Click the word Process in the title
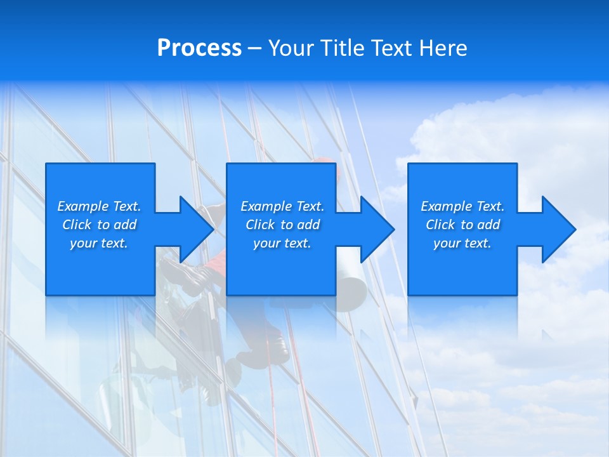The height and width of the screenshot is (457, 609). pyautogui.click(x=199, y=48)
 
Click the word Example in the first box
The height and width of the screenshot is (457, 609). pyautogui.click(x=82, y=206)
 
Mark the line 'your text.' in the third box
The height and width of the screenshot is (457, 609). pyautogui.click(x=462, y=243)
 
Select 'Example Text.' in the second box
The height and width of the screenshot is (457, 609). pyautogui.click(x=282, y=206)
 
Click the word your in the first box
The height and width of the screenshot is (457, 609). pyautogui.click(x=83, y=243)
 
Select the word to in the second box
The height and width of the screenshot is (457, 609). pyautogui.click(x=287, y=225)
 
